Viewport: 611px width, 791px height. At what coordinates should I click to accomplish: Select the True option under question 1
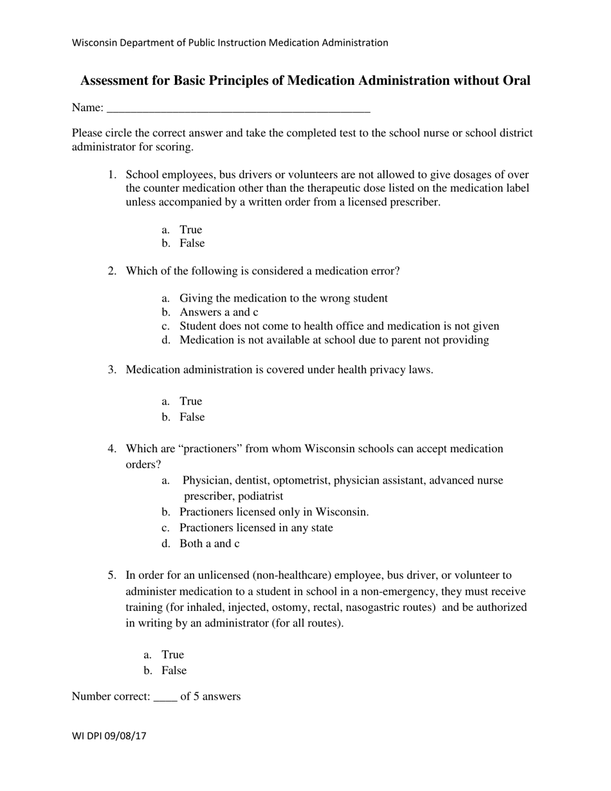[190, 230]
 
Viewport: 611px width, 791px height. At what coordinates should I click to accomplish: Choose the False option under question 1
[192, 243]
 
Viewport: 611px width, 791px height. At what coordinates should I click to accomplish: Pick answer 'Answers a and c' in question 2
[219, 312]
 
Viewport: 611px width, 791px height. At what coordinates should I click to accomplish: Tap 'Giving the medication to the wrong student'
[283, 298]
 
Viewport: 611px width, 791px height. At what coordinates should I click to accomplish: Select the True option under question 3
[190, 401]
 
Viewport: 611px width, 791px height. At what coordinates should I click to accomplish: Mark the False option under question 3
[192, 417]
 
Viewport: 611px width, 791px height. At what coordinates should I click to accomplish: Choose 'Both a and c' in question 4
[209, 544]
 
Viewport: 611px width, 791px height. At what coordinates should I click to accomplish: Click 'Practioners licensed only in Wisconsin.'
[274, 513]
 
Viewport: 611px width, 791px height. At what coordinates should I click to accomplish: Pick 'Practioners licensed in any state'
[256, 528]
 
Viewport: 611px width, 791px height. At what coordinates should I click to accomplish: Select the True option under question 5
[172, 655]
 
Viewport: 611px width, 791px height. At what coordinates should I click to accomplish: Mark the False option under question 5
[174, 671]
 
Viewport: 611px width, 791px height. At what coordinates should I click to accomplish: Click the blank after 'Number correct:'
[165, 696]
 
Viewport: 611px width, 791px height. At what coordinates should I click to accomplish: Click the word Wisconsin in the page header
[96, 43]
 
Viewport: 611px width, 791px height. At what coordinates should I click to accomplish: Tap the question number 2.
[112, 271]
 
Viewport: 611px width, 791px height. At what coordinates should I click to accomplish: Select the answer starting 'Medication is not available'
[334, 340]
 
